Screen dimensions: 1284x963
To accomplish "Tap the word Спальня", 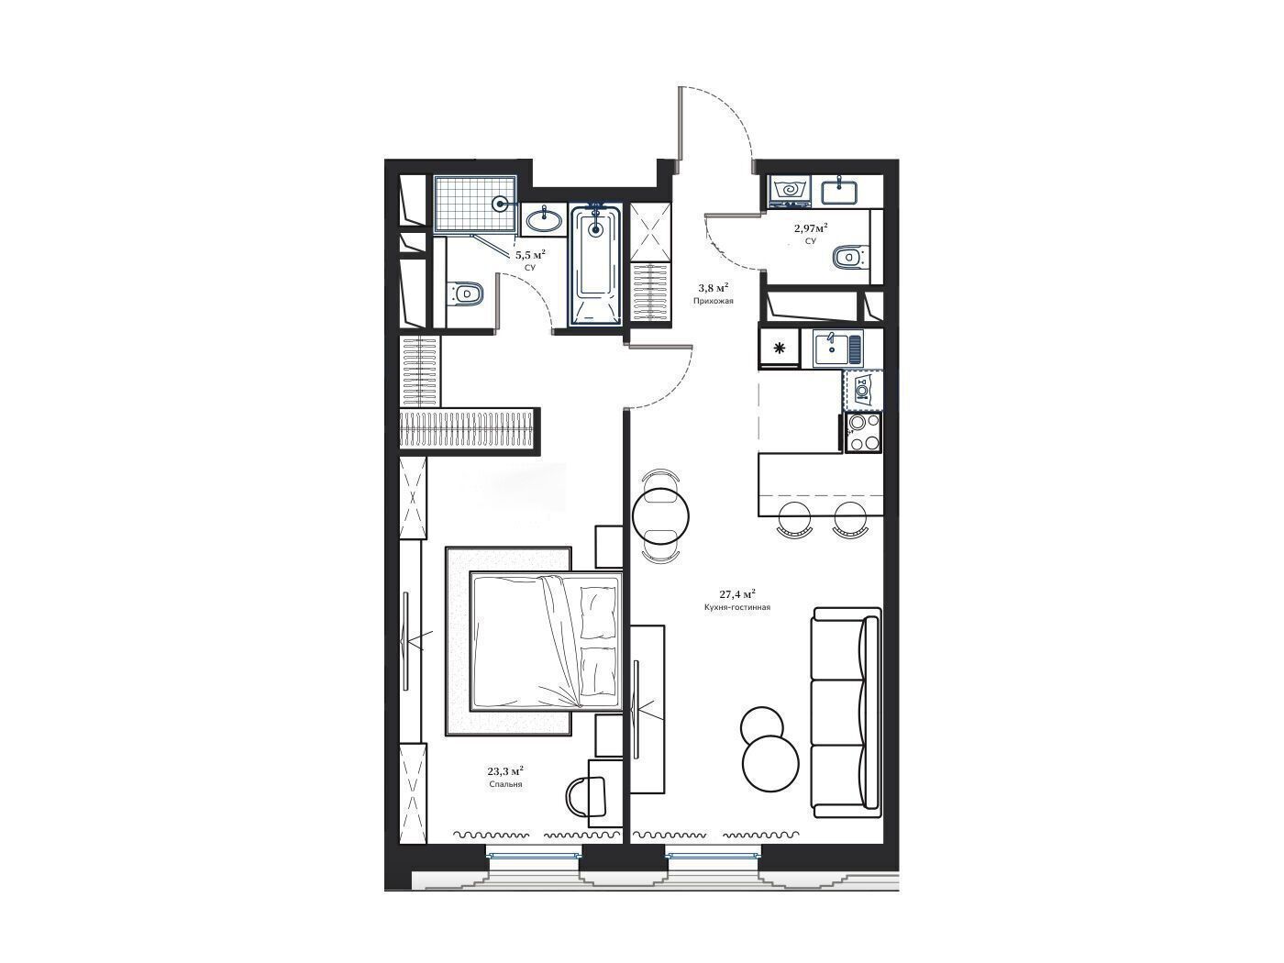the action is coord(505,785).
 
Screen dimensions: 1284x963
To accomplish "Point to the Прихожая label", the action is coord(713,301).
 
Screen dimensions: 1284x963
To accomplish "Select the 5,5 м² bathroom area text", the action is coord(530,254).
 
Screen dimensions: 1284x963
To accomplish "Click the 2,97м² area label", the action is coord(811,227).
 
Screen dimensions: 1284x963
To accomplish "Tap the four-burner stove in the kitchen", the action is coord(864,432).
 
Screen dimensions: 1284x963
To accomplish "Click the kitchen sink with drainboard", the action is coord(837,349).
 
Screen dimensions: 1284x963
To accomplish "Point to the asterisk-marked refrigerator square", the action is coord(779,349).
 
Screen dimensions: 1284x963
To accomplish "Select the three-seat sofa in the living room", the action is coord(846,713).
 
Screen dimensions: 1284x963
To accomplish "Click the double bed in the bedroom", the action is coord(547,641).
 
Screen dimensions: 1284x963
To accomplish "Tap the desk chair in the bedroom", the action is coord(587,796).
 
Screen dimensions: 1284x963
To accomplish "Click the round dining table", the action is coord(661,516).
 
